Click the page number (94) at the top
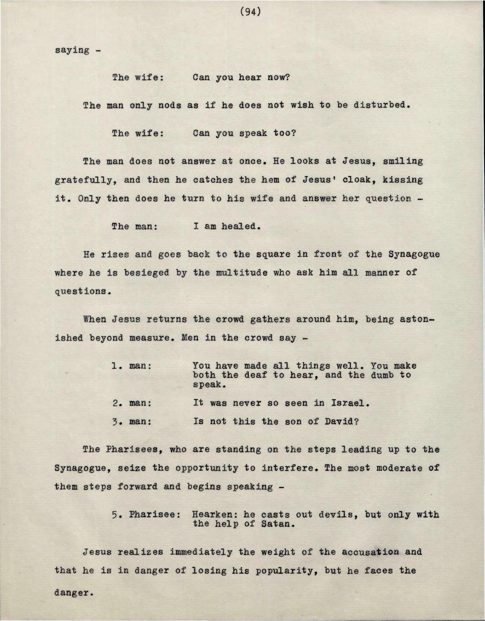tap(250, 12)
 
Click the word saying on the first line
tap(72, 50)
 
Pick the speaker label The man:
tap(135, 226)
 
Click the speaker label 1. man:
tap(132, 366)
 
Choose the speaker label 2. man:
tap(132, 403)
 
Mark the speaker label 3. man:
tap(132, 421)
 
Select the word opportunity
tap(207, 468)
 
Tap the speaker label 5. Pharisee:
tap(146, 514)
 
